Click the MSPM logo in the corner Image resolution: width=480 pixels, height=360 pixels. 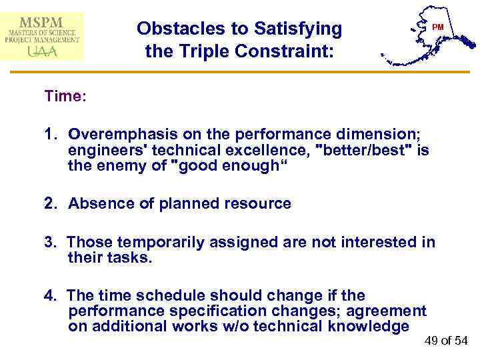[43, 35]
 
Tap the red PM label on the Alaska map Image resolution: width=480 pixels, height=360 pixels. [437, 27]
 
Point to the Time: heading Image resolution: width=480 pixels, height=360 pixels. [65, 96]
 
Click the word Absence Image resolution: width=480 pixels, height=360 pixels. [97, 204]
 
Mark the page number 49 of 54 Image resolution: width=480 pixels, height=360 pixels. [446, 341]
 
